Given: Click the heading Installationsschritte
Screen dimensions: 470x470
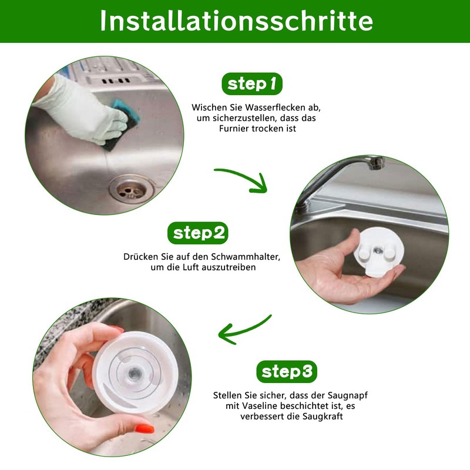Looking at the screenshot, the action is pos(236,21).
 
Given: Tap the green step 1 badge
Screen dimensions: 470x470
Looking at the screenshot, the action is pos(252,84).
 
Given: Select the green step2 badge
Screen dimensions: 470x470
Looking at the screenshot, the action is pos(198,233).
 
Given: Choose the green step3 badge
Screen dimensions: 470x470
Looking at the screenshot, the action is pos(287,372).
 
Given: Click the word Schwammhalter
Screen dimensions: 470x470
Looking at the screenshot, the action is pos(245,257).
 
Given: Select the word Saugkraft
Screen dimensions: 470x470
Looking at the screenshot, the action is pos(323,417).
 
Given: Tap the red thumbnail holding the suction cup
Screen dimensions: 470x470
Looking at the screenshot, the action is pos(145,429).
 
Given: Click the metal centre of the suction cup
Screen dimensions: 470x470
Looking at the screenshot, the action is pos(135,374).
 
